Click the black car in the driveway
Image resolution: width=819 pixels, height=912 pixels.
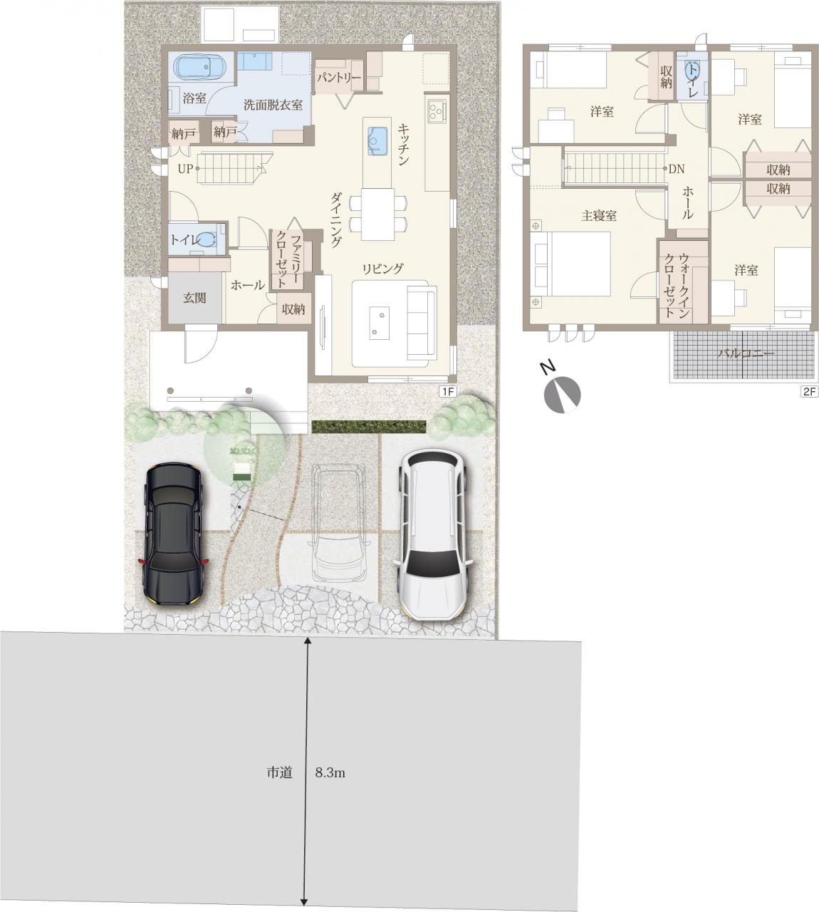[173, 534]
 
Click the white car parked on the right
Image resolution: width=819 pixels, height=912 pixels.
[433, 533]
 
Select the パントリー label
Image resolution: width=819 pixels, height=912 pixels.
[338, 78]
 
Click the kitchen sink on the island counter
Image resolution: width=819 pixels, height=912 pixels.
[377, 141]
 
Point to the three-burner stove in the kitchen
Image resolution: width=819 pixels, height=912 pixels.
[437, 110]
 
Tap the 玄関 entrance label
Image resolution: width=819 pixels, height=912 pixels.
[194, 298]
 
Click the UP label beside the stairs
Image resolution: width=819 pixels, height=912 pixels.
[185, 169]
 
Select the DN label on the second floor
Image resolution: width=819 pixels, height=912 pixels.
[677, 169]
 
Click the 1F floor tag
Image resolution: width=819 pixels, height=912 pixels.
[448, 392]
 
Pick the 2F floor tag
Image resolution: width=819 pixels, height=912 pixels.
[809, 392]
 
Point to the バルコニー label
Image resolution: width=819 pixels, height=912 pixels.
[746, 354]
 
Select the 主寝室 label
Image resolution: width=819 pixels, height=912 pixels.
[598, 216]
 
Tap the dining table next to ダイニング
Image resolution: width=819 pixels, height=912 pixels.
[378, 214]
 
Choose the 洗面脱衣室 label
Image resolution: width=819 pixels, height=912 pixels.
[273, 105]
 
